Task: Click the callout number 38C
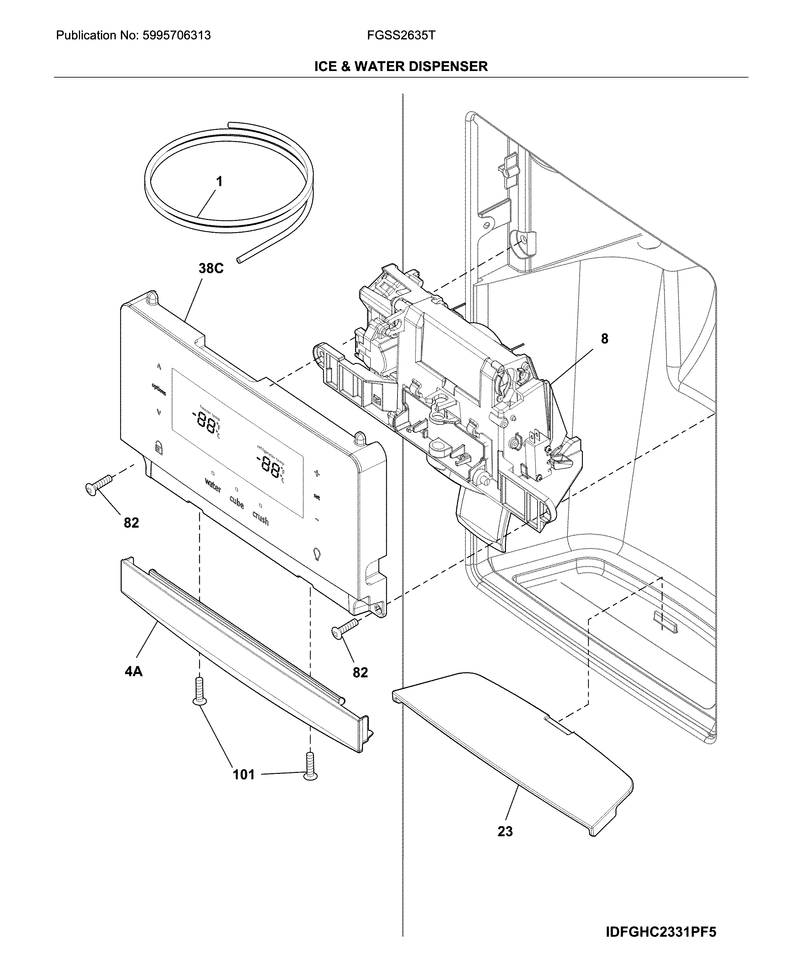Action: pyautogui.click(x=211, y=269)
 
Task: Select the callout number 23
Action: pyautogui.click(x=505, y=831)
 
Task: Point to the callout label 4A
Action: pyautogui.click(x=133, y=671)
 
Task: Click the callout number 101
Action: pyautogui.click(x=243, y=774)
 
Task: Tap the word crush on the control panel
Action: pyautogui.click(x=260, y=518)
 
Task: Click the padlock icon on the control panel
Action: pyautogui.click(x=158, y=447)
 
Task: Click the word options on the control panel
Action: pyautogui.click(x=159, y=389)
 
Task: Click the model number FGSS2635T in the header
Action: pyautogui.click(x=401, y=35)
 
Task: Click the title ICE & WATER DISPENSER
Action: pyautogui.click(x=401, y=67)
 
